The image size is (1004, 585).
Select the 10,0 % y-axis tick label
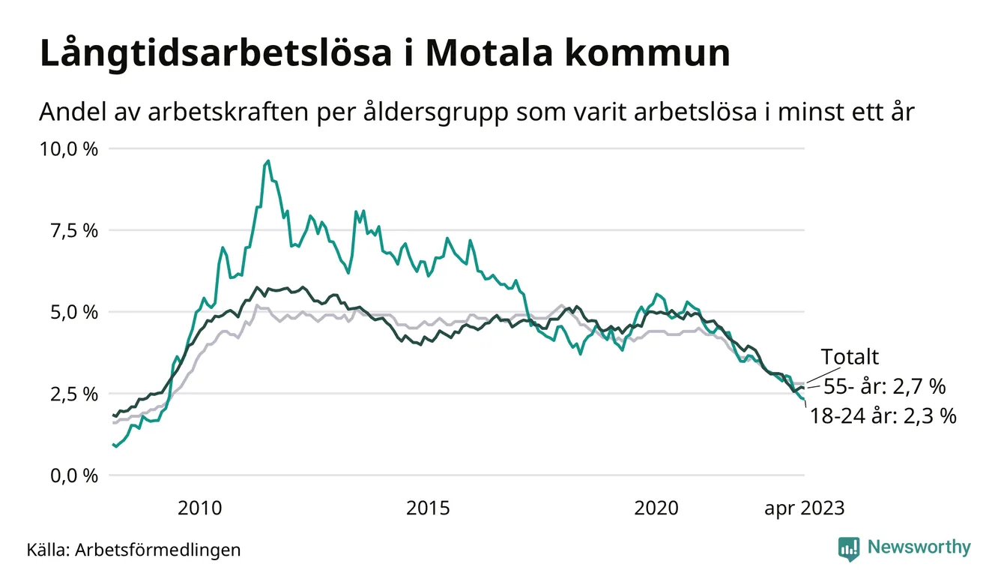68,148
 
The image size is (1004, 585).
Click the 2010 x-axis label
199,508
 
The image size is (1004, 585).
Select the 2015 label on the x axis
428,508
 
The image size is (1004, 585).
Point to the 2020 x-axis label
656,508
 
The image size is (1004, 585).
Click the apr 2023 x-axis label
804,508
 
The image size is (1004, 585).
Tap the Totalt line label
850,357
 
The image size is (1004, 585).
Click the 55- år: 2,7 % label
884,387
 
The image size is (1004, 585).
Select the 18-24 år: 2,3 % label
883,416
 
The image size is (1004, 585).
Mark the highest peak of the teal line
268,160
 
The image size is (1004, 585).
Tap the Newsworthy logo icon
849,548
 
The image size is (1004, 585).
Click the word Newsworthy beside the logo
919,547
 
